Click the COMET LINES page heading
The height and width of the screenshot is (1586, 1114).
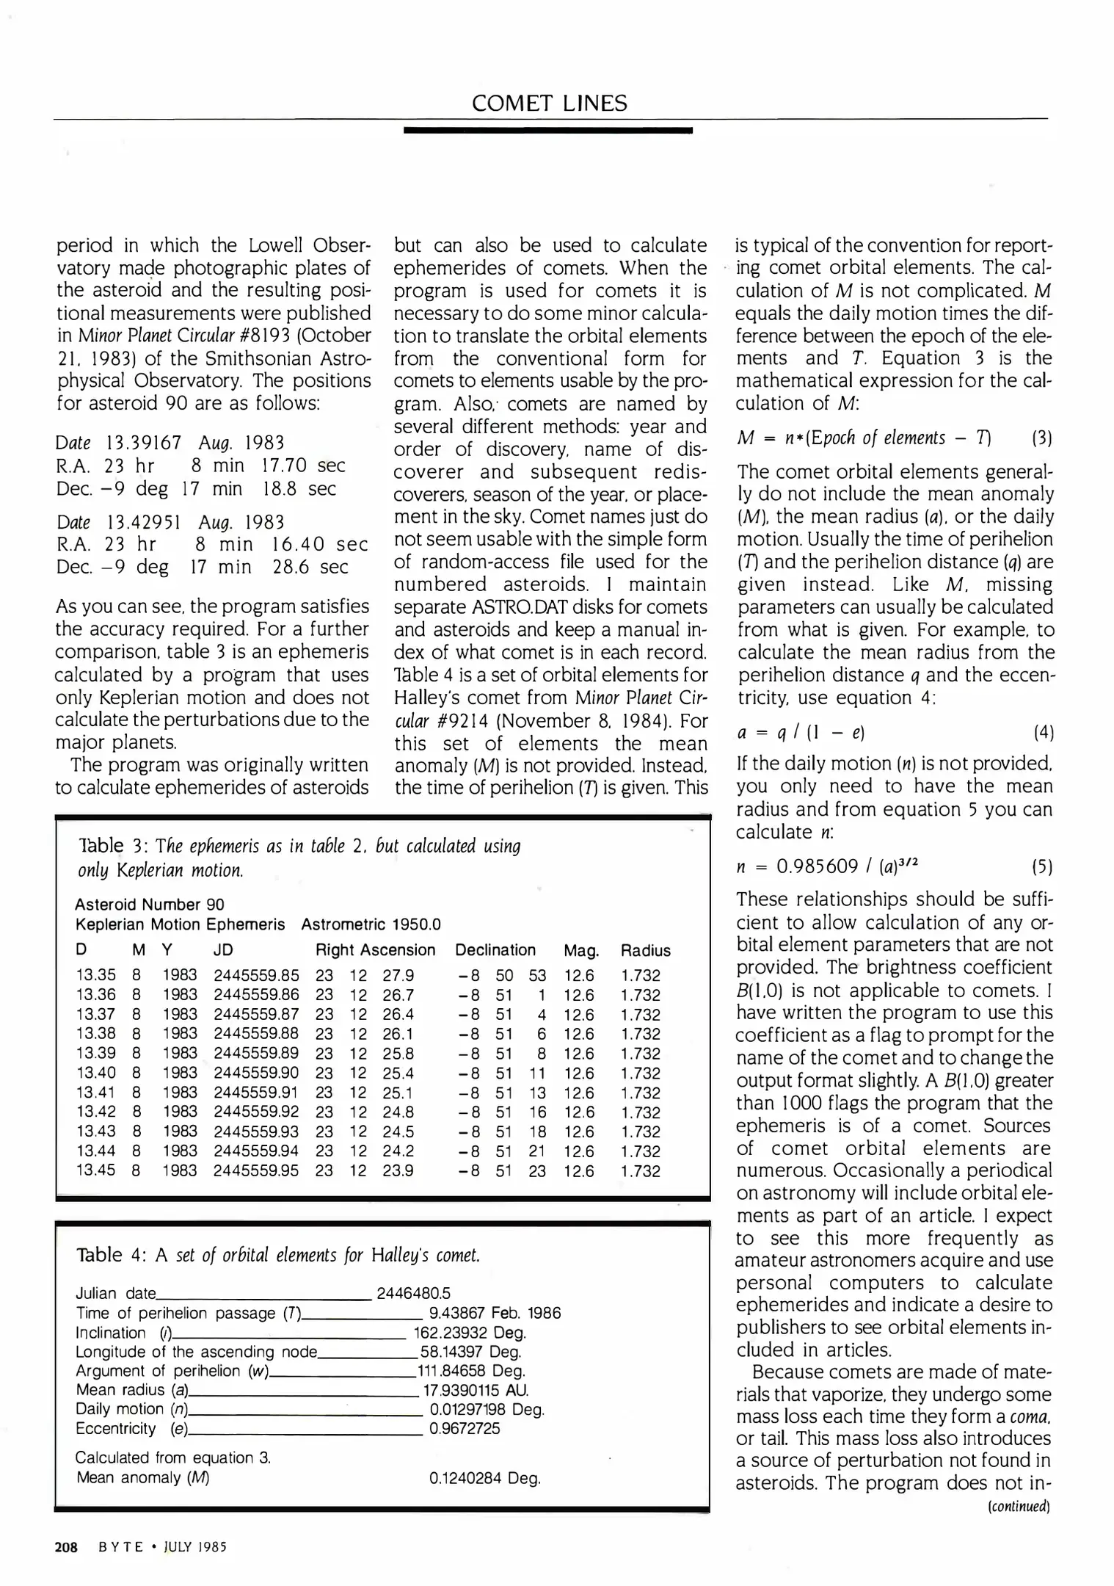(x=550, y=103)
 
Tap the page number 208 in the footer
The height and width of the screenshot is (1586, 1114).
(x=66, y=1547)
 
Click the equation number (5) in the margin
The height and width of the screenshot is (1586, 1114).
(x=1041, y=867)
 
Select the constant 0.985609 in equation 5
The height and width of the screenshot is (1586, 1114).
(x=817, y=867)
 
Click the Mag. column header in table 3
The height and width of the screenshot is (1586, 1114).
(x=581, y=950)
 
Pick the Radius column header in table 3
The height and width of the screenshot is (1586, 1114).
(x=645, y=950)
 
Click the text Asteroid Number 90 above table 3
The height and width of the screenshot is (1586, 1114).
(x=150, y=905)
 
